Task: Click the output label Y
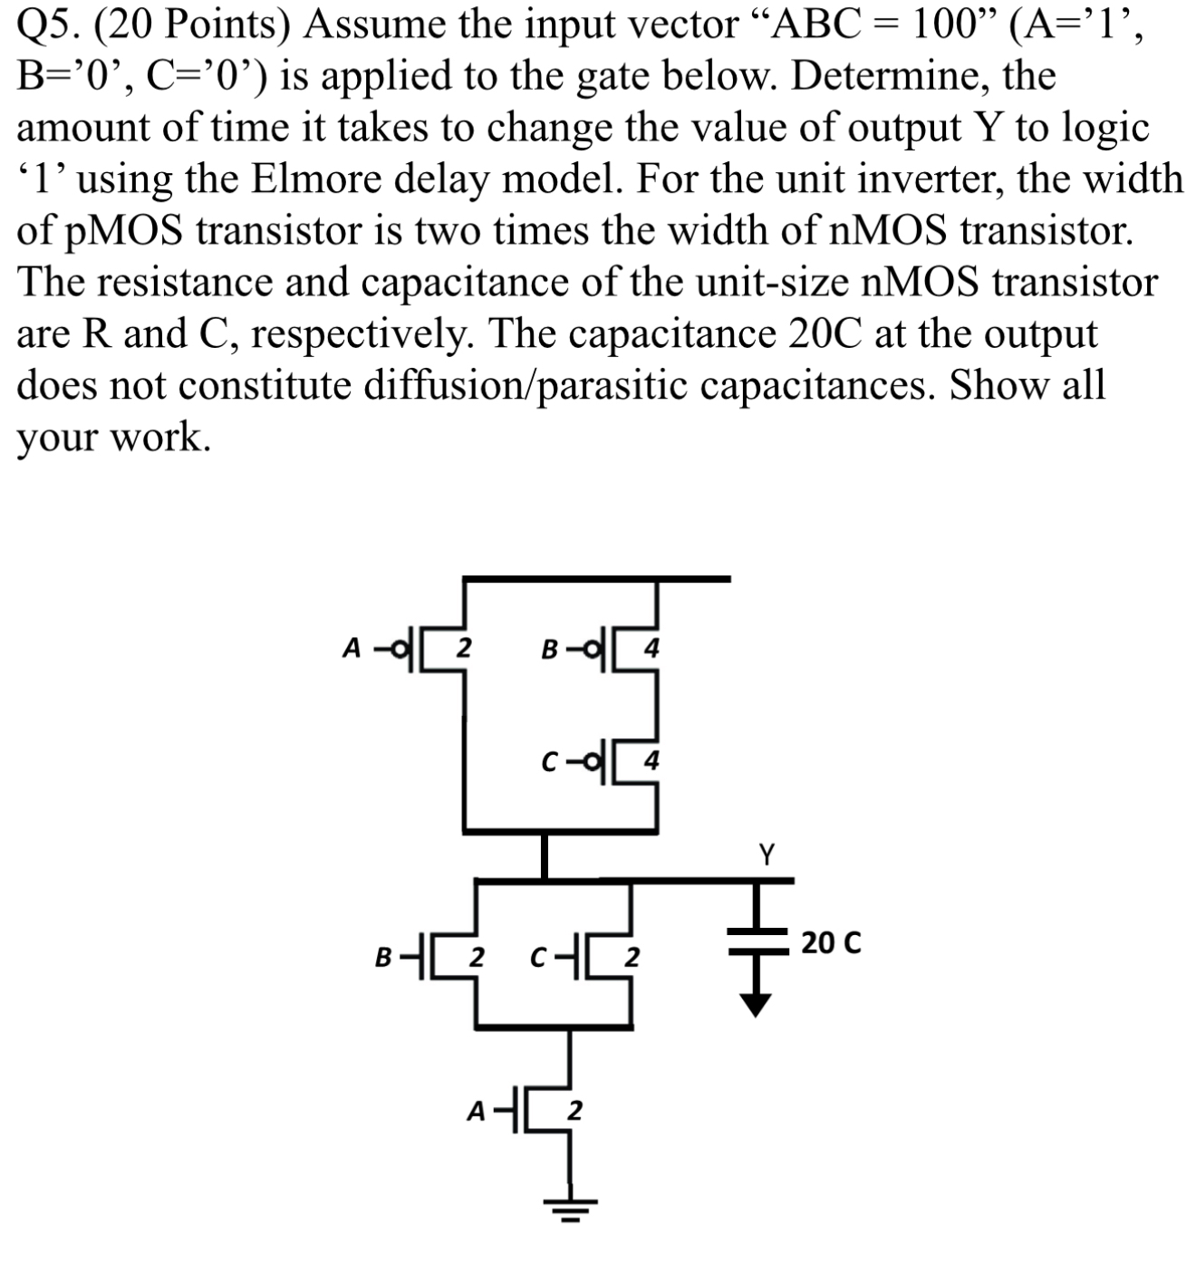tap(767, 854)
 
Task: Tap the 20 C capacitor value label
tap(831, 942)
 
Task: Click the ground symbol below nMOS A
tap(570, 1206)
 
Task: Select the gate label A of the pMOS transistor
tap(352, 647)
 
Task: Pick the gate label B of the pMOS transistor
tap(549, 650)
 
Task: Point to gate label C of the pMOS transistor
tap(549, 763)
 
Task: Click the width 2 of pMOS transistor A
tap(462, 647)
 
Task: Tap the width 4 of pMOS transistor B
tap(651, 649)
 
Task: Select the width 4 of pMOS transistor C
tap(651, 761)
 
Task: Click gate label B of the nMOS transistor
tap(383, 956)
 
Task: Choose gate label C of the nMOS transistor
tap(539, 956)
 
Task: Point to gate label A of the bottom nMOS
tap(475, 1111)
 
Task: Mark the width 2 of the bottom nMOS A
tap(574, 1110)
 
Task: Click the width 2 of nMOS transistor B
tap(477, 956)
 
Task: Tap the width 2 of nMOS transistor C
tap(633, 956)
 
